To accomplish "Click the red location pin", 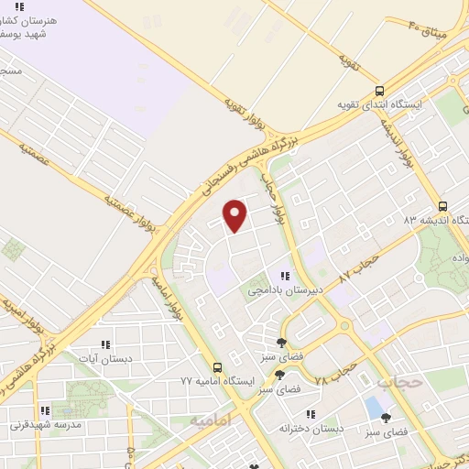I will coord(235,215).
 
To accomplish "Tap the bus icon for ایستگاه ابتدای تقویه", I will coord(379,91).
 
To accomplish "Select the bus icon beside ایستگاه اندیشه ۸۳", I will coord(443,206).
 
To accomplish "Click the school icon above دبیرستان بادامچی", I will coord(286,276).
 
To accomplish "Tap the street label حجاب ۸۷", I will coord(358,265).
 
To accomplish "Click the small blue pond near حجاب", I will coord(374,405).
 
